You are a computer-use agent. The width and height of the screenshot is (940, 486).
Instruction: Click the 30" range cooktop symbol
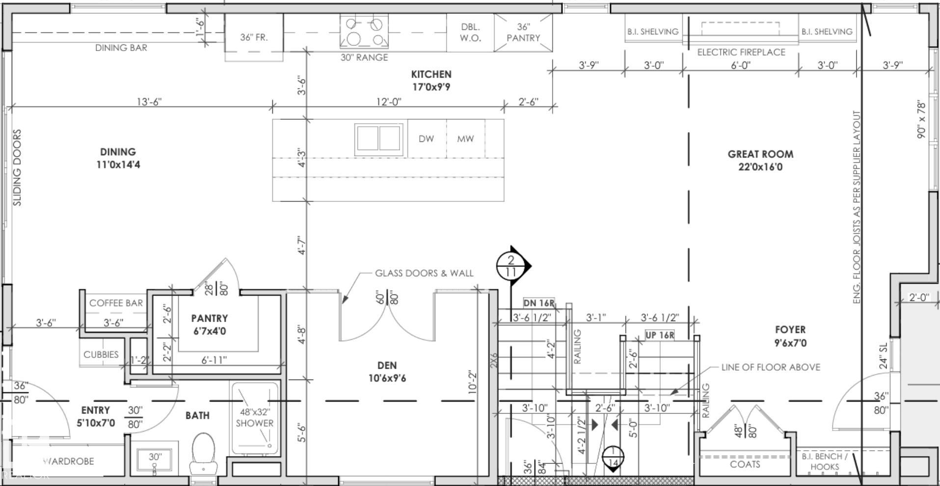364,31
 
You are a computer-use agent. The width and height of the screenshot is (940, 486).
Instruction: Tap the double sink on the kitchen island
378,138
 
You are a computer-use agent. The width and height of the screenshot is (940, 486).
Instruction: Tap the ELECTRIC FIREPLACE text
741,52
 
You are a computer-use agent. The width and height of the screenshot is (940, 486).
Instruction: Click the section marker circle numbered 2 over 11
511,266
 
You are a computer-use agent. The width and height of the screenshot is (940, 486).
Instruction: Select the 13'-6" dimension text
149,101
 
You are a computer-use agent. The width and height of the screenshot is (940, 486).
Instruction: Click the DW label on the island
426,138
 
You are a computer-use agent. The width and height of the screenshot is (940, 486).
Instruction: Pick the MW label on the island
465,138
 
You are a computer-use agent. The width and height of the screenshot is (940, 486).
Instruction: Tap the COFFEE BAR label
116,303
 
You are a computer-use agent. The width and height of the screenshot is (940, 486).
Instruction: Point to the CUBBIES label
101,354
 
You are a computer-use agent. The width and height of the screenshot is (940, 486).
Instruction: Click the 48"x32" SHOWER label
255,417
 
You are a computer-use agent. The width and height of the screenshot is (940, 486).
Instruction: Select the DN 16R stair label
539,303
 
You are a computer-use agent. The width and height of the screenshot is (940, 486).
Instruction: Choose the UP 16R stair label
660,335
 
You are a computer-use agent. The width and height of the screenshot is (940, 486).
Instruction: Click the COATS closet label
745,464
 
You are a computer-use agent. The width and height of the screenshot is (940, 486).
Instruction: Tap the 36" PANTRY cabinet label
523,32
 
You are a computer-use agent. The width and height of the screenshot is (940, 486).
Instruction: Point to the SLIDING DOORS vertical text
17,167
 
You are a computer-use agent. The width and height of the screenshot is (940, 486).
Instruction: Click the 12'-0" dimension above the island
389,101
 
